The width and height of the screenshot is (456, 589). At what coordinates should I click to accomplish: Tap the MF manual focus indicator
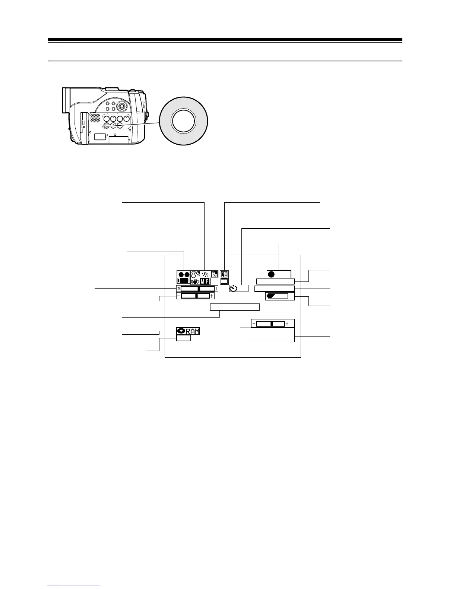[x=205, y=281]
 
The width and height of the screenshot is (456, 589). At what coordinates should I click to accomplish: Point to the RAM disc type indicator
[x=188, y=331]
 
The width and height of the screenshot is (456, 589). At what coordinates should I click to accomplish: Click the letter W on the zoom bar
[x=178, y=289]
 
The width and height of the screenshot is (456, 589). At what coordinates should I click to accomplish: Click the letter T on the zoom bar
[x=216, y=289]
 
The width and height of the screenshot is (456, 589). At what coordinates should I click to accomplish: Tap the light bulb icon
[x=205, y=274]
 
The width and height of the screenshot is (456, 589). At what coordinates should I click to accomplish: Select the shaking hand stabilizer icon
[x=195, y=281]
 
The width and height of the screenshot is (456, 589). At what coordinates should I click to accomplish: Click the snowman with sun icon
[x=195, y=274]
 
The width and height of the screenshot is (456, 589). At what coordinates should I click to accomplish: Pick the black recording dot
[x=272, y=274]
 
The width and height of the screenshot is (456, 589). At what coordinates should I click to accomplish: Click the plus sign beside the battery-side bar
[x=287, y=324]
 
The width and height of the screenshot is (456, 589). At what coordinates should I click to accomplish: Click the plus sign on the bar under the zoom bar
[x=212, y=296]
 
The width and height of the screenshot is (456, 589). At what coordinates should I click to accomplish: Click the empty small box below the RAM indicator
[x=183, y=338]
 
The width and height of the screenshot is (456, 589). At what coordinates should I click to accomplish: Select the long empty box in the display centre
[x=234, y=307]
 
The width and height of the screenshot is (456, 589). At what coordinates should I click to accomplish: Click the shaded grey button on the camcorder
[x=107, y=126]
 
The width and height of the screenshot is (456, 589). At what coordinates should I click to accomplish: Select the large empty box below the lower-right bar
[x=267, y=335]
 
